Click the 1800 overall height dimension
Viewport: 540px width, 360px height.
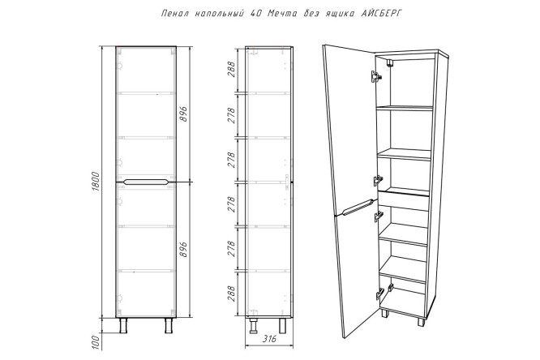coord(96,182)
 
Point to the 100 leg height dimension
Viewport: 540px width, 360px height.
coord(96,342)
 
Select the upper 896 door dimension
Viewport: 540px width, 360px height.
coord(184,114)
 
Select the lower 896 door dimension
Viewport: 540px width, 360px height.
coord(184,249)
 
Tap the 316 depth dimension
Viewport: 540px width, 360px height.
coord(269,339)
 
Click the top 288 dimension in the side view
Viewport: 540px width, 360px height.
coord(231,69)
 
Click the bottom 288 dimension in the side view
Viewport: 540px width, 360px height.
coord(231,294)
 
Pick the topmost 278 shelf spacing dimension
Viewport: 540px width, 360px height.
coord(231,115)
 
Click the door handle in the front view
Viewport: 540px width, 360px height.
coord(146,182)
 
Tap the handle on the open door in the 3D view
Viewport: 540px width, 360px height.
coord(357,207)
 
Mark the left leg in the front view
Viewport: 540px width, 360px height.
coord(123,326)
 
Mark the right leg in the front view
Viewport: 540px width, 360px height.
coord(169,326)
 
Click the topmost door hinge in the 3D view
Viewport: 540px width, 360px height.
coord(375,77)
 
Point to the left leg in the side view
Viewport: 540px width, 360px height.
coord(254,326)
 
